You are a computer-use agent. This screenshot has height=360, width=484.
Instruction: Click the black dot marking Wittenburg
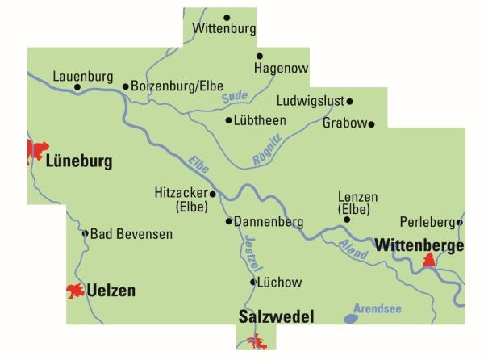pyautogui.click(x=227, y=17)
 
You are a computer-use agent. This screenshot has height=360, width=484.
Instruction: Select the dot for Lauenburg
pyautogui.click(x=77, y=87)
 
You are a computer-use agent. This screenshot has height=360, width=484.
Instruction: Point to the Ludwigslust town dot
pyautogui.click(x=350, y=101)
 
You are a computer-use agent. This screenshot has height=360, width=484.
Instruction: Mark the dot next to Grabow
pyautogui.click(x=372, y=124)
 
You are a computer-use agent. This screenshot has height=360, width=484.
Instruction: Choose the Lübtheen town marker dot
pyautogui.click(x=228, y=120)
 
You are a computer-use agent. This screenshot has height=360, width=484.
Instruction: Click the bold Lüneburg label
pyautogui.click(x=79, y=161)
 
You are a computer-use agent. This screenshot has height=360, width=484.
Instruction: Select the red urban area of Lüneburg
pyautogui.click(x=35, y=151)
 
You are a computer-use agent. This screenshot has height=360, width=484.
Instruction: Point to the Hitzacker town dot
pyautogui.click(x=212, y=194)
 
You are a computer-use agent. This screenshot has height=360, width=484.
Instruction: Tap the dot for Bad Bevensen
pyautogui.click(x=86, y=233)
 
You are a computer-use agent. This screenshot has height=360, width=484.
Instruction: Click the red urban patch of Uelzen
pyautogui.click(x=75, y=291)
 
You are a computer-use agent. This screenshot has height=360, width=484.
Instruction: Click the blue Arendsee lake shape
pyautogui.click(x=351, y=319)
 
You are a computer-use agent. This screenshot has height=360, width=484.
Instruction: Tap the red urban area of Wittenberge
pyautogui.click(x=430, y=261)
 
